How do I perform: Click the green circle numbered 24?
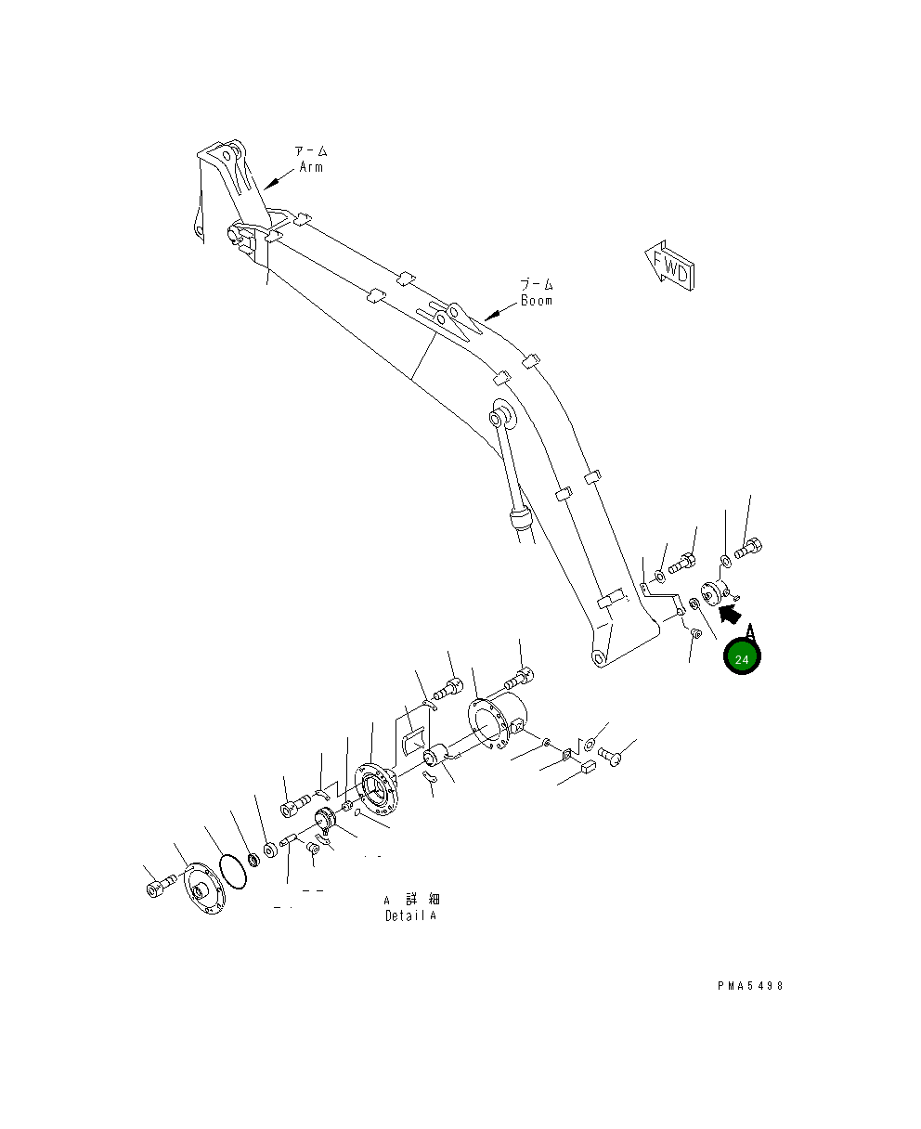tap(742, 658)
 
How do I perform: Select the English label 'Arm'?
tap(311, 168)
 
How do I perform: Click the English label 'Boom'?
tap(536, 301)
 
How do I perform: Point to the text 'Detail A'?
tap(410, 915)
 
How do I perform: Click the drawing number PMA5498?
tap(750, 986)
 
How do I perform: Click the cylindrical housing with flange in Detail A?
tap(501, 720)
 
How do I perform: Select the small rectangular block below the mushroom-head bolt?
tap(588, 767)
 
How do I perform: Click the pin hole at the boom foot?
tap(599, 657)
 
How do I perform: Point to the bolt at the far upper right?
tap(749, 548)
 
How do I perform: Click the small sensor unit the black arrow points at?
tap(714, 592)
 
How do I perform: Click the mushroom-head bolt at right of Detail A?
tap(611, 756)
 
